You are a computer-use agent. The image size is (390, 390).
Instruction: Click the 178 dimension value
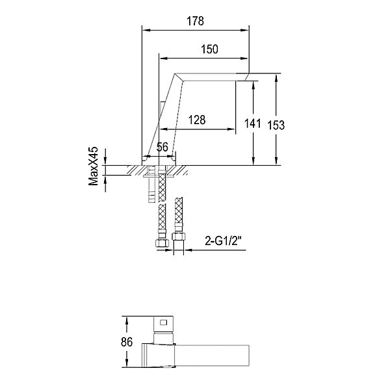point(195,21)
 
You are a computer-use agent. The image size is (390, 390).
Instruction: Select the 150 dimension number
point(209,49)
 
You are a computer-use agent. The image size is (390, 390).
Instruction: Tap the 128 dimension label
point(197,120)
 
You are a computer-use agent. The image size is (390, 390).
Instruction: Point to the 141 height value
point(252,123)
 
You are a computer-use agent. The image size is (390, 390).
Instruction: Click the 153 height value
point(276,125)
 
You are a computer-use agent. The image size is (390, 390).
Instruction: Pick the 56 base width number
point(162,147)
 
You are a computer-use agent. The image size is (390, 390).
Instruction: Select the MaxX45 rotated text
point(94,166)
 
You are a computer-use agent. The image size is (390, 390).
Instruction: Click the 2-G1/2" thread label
point(224,240)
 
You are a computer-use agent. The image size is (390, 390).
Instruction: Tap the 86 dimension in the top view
point(127,342)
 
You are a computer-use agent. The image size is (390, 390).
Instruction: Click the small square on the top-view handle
point(164,322)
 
